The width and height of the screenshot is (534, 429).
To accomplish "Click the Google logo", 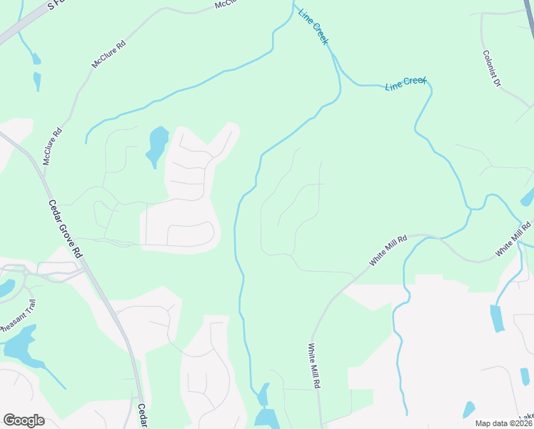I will tap(24, 420).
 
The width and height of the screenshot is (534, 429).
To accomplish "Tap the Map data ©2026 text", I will tap(504, 423).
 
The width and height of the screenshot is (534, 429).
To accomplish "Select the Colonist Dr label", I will tap(492, 68).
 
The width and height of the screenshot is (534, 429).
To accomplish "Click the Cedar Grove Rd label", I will tap(65, 230).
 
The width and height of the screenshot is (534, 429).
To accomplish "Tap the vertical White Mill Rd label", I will tap(314, 366).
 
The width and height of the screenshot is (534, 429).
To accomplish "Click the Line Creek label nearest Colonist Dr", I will tap(405, 84).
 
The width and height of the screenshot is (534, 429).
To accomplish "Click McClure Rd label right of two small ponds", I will tap(109, 54).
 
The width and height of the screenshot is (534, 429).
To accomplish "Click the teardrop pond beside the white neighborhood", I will tap(156, 144).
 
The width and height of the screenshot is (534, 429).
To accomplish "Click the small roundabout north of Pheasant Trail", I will tap(26, 272).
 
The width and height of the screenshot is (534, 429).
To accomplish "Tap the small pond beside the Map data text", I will tap(468, 410).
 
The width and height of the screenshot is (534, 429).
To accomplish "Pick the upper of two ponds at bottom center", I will tap(263, 394).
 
